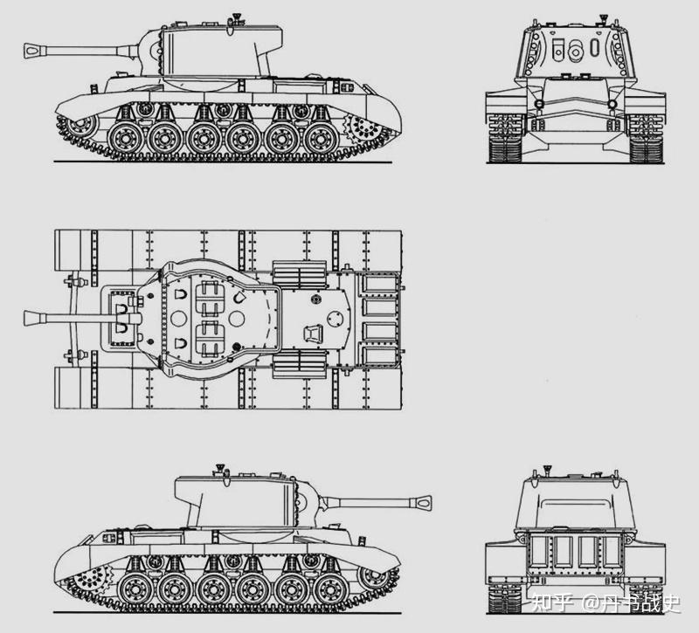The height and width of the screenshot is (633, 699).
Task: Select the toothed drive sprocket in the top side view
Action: (x=363, y=127)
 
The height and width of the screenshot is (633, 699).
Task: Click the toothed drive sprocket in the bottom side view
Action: (x=93, y=578)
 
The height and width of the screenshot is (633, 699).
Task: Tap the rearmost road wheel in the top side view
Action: (x=321, y=139)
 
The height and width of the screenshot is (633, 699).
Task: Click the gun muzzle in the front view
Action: (x=576, y=52)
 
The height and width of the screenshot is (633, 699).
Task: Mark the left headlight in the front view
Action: (x=539, y=105)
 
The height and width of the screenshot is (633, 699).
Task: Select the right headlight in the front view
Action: (x=612, y=105)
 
